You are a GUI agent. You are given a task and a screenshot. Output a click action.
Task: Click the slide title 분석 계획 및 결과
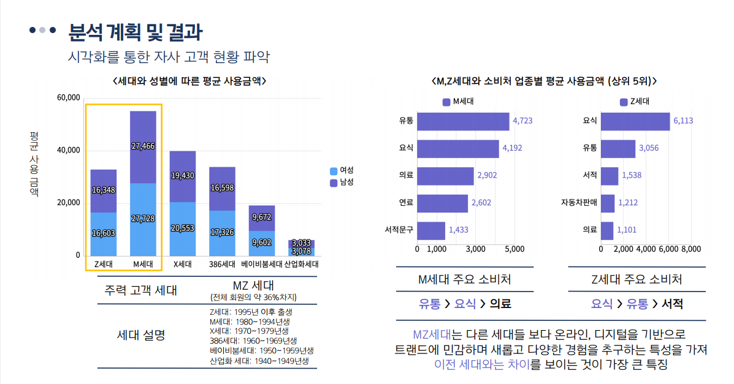[136, 31]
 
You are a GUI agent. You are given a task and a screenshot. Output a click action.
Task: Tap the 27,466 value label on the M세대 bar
[143, 146]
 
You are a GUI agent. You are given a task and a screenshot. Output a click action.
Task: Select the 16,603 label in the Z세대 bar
[104, 233]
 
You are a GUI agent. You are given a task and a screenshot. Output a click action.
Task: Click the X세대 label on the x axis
[183, 265]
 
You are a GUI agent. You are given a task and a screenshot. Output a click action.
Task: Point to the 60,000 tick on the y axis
[68, 98]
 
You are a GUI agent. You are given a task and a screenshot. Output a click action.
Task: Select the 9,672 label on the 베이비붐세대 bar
[261, 217]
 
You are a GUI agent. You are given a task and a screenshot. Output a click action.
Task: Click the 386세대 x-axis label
[222, 265]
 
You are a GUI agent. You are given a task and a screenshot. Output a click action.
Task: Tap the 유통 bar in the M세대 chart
[463, 121]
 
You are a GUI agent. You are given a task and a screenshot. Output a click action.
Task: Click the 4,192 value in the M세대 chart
[512, 148]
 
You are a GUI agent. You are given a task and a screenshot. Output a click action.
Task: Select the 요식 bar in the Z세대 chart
[635, 121]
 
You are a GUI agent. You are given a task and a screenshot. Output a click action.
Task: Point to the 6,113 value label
[683, 121]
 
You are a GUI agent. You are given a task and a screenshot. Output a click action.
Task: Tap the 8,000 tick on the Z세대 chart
[690, 249]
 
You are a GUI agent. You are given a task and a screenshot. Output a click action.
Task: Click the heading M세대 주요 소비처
[464, 280]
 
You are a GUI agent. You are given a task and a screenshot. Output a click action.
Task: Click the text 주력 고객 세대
[141, 290]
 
